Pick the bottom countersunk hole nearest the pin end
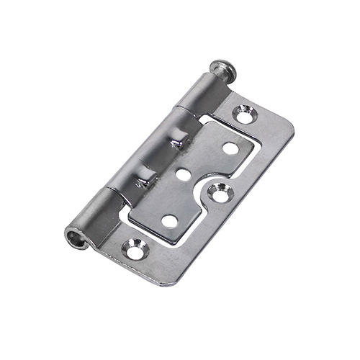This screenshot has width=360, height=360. coord(134,248)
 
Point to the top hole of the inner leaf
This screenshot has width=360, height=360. coord(230,149)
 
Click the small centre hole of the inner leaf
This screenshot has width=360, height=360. coord(182,174)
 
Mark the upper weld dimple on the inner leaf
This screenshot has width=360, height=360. coord(175,144)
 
